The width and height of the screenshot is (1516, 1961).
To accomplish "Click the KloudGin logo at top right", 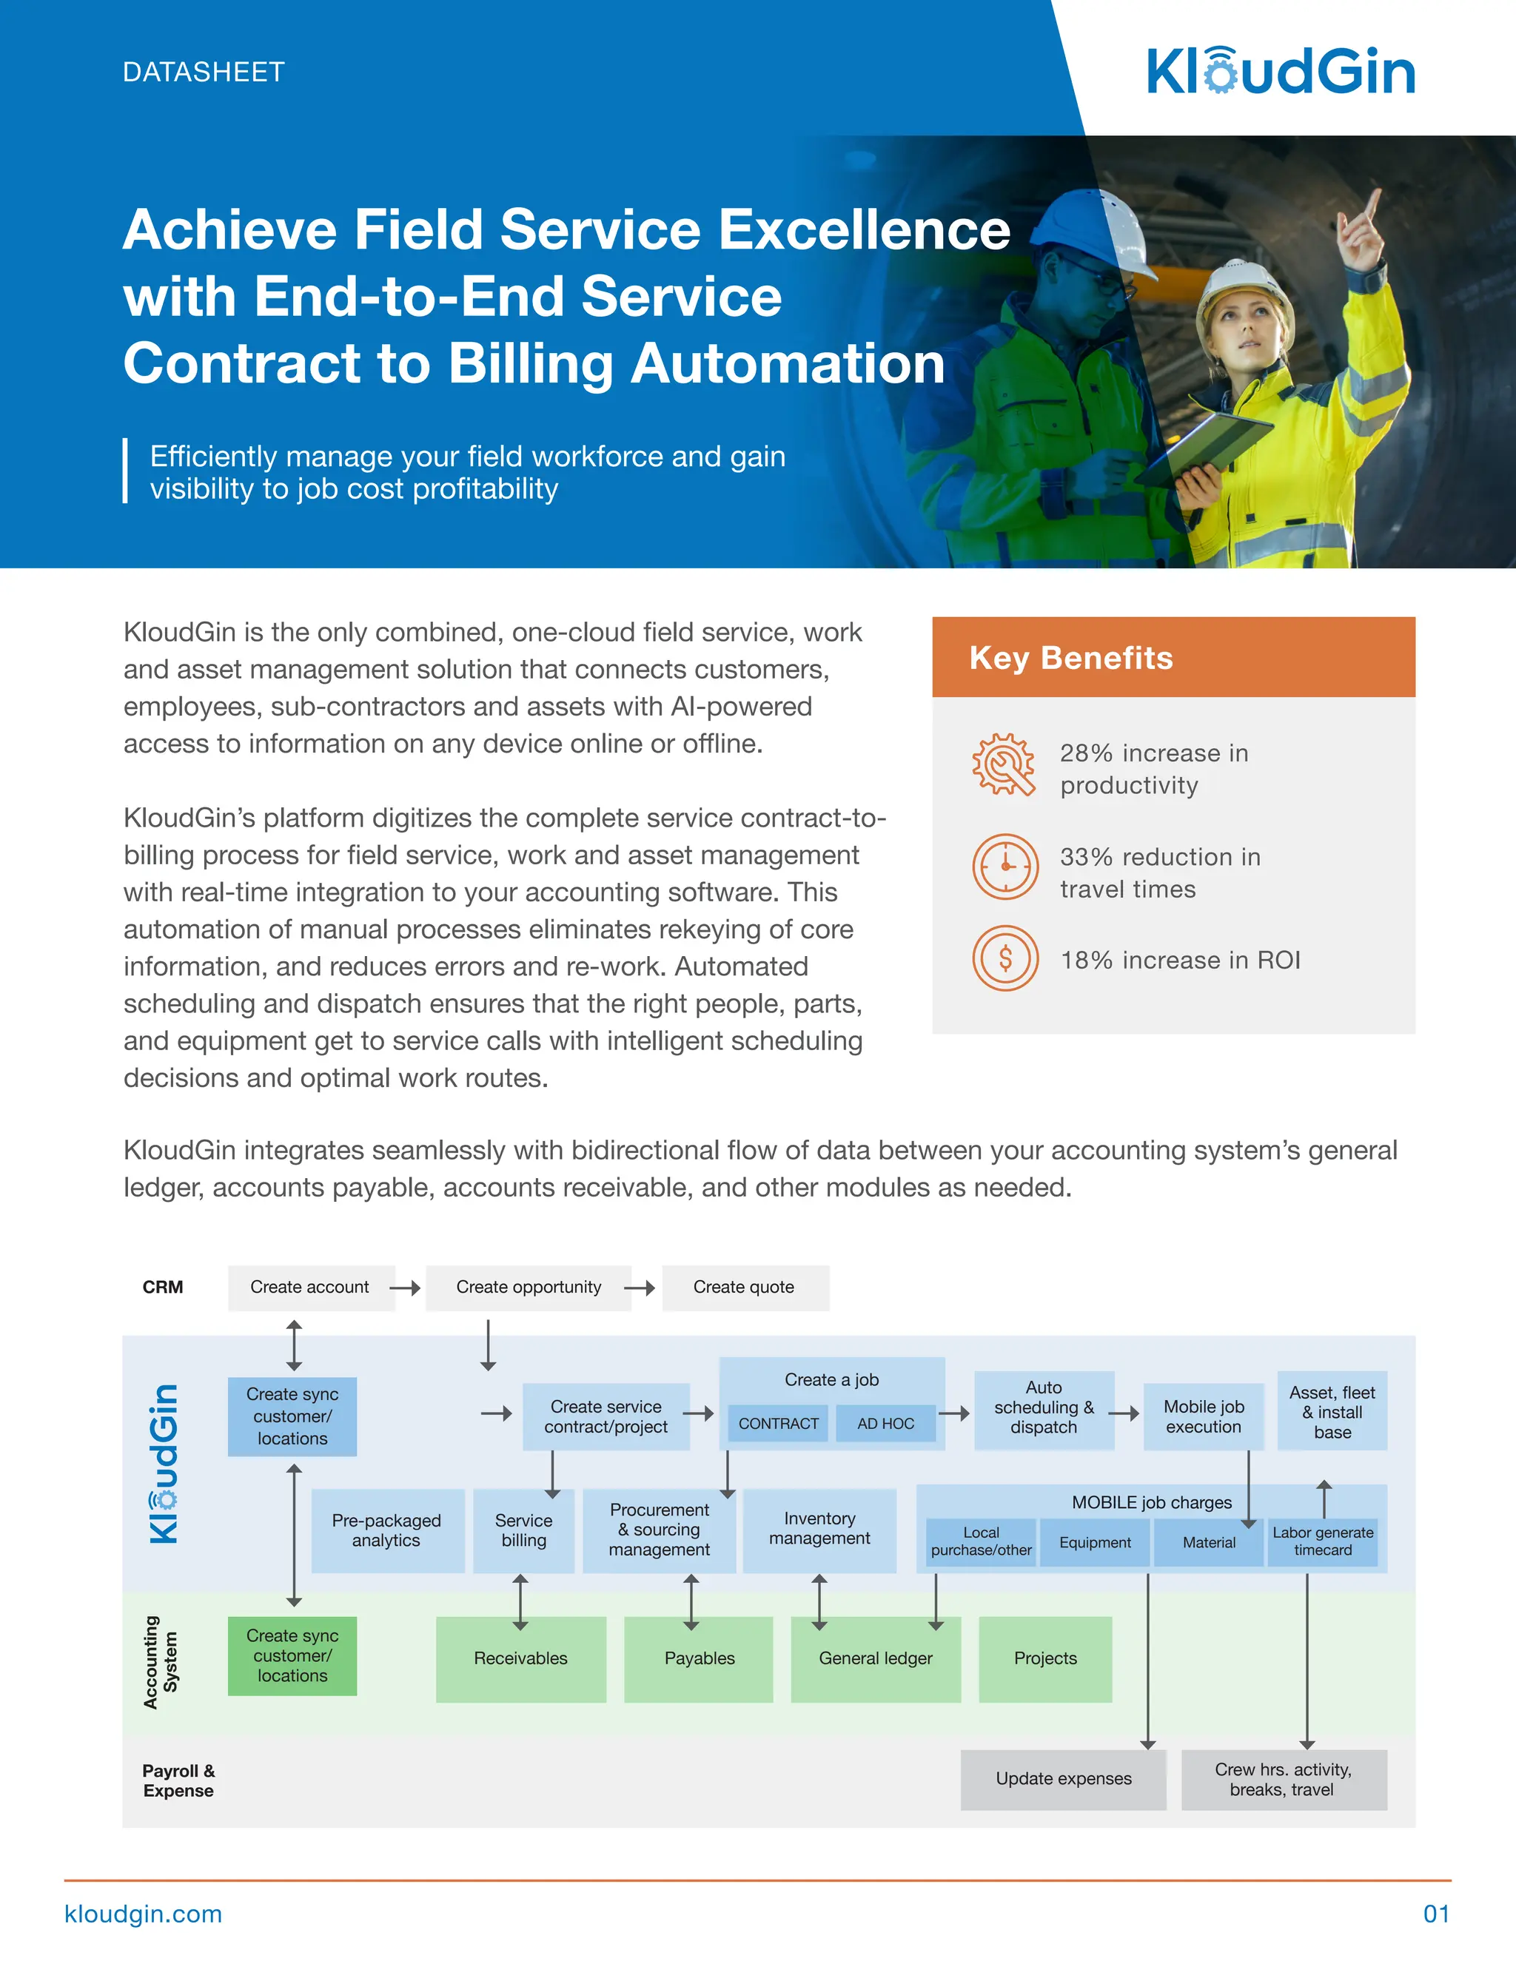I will point(1281,71).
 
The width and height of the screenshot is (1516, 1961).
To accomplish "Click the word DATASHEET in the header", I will point(203,72).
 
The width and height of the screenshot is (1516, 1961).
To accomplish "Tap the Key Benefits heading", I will point(1070,657).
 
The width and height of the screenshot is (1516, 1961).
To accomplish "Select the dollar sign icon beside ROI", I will point(1005,958).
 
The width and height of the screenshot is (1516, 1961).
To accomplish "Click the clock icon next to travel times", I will point(1005,866).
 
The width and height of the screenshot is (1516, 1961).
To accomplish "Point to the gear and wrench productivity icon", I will point(1003,764).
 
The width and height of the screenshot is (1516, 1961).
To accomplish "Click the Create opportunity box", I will point(528,1287).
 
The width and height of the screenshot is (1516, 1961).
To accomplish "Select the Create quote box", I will point(745,1287).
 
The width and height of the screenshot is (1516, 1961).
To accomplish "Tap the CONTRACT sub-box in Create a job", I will point(778,1423).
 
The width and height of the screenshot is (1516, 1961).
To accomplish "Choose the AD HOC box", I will point(885,1423).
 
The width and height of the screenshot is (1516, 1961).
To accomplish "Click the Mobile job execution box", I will point(1204,1416).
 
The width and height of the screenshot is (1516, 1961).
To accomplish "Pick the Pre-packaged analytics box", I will point(386,1530).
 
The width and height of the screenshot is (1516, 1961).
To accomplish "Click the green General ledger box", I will point(875,1658).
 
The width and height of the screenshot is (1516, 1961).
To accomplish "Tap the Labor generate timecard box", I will point(1322,1541).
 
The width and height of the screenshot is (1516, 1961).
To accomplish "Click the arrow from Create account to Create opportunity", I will point(406,1288).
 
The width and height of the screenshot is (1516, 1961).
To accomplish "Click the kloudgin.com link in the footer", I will point(144,1914).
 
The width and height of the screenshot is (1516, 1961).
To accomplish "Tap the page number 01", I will point(1435,1914).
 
